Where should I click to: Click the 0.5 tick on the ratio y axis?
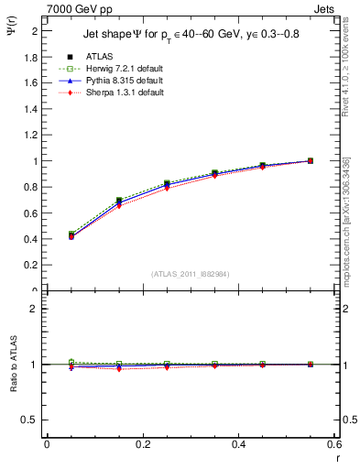point(32,420)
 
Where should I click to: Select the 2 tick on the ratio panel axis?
point(36,309)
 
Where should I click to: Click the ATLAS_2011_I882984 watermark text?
point(190,274)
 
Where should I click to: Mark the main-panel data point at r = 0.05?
point(71,235)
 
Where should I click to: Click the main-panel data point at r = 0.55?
point(311,161)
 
